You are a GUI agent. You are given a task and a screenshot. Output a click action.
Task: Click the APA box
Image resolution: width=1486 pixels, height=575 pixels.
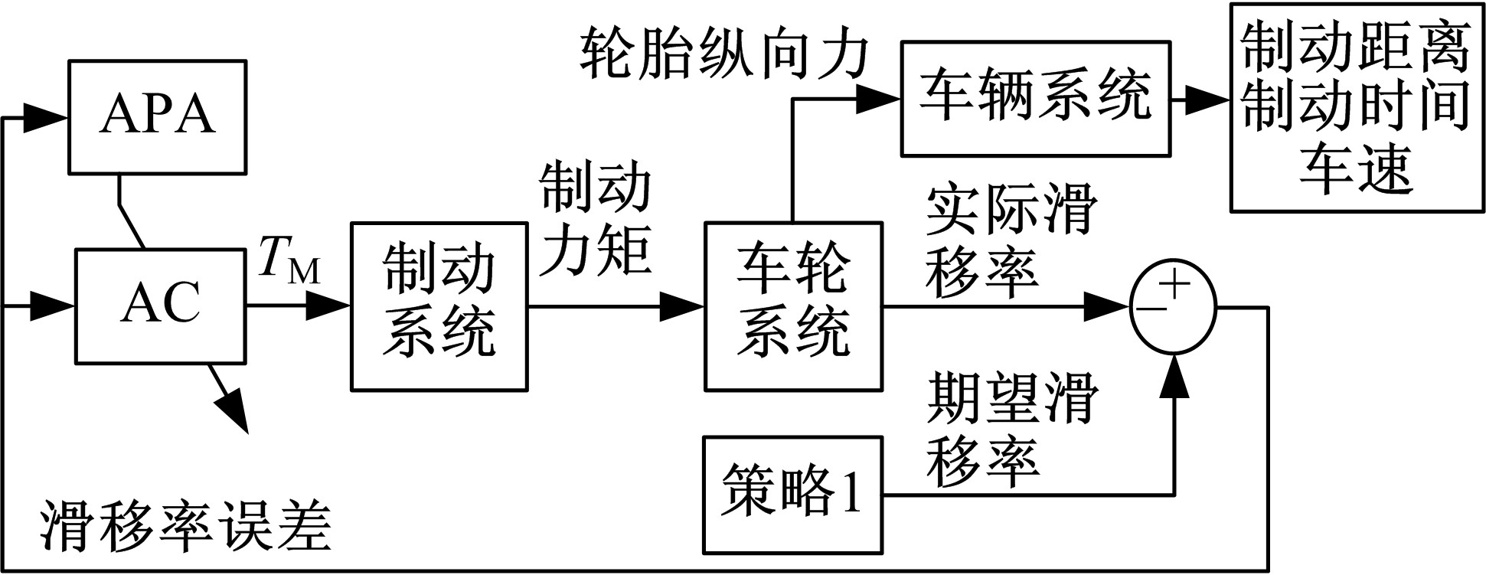click(x=157, y=116)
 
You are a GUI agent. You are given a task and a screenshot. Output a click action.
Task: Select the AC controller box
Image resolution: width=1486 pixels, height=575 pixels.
click(x=160, y=305)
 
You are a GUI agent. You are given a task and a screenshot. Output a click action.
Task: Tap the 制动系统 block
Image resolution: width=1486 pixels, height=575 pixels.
click(x=439, y=306)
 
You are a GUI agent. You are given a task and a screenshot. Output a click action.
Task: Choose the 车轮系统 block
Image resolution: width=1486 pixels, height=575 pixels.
click(x=792, y=306)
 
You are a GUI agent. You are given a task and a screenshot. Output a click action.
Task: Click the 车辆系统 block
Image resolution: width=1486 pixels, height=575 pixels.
click(x=1035, y=99)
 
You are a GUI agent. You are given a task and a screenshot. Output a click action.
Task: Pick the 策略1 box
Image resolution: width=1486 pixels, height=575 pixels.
click(x=792, y=495)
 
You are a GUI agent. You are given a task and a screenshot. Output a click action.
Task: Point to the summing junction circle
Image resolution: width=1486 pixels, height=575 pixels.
click(x=1173, y=307)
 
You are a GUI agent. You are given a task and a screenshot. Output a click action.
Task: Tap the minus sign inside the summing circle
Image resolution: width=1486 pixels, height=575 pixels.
click(x=1152, y=309)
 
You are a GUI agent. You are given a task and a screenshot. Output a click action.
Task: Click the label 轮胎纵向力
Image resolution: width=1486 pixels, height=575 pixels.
click(x=723, y=55)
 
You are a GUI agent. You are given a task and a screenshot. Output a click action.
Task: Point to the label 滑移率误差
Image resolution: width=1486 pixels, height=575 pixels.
click(x=186, y=528)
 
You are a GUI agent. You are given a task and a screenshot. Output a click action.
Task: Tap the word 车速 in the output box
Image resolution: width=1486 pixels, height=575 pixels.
click(x=1355, y=169)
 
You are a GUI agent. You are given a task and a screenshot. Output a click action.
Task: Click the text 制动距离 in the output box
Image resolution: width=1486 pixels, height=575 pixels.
click(x=1355, y=47)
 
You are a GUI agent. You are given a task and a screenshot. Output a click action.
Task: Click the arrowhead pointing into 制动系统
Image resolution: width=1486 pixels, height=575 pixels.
click(x=331, y=307)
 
